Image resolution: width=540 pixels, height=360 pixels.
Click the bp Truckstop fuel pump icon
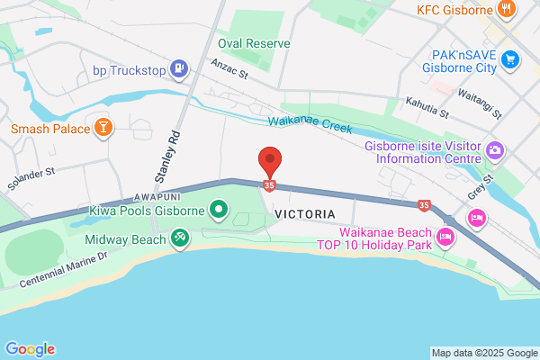coord(179,68)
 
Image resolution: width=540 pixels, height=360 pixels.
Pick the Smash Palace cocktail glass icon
coord(104,129)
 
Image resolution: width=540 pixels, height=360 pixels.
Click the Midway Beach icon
coord(180,239)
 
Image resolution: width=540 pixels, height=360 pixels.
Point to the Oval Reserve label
coord(254,43)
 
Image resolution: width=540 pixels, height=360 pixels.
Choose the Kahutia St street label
coord(427,108)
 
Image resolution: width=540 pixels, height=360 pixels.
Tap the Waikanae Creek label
coord(309,126)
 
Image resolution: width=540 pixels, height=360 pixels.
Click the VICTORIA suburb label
coord(306,214)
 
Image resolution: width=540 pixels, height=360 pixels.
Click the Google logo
coord(30,349)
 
